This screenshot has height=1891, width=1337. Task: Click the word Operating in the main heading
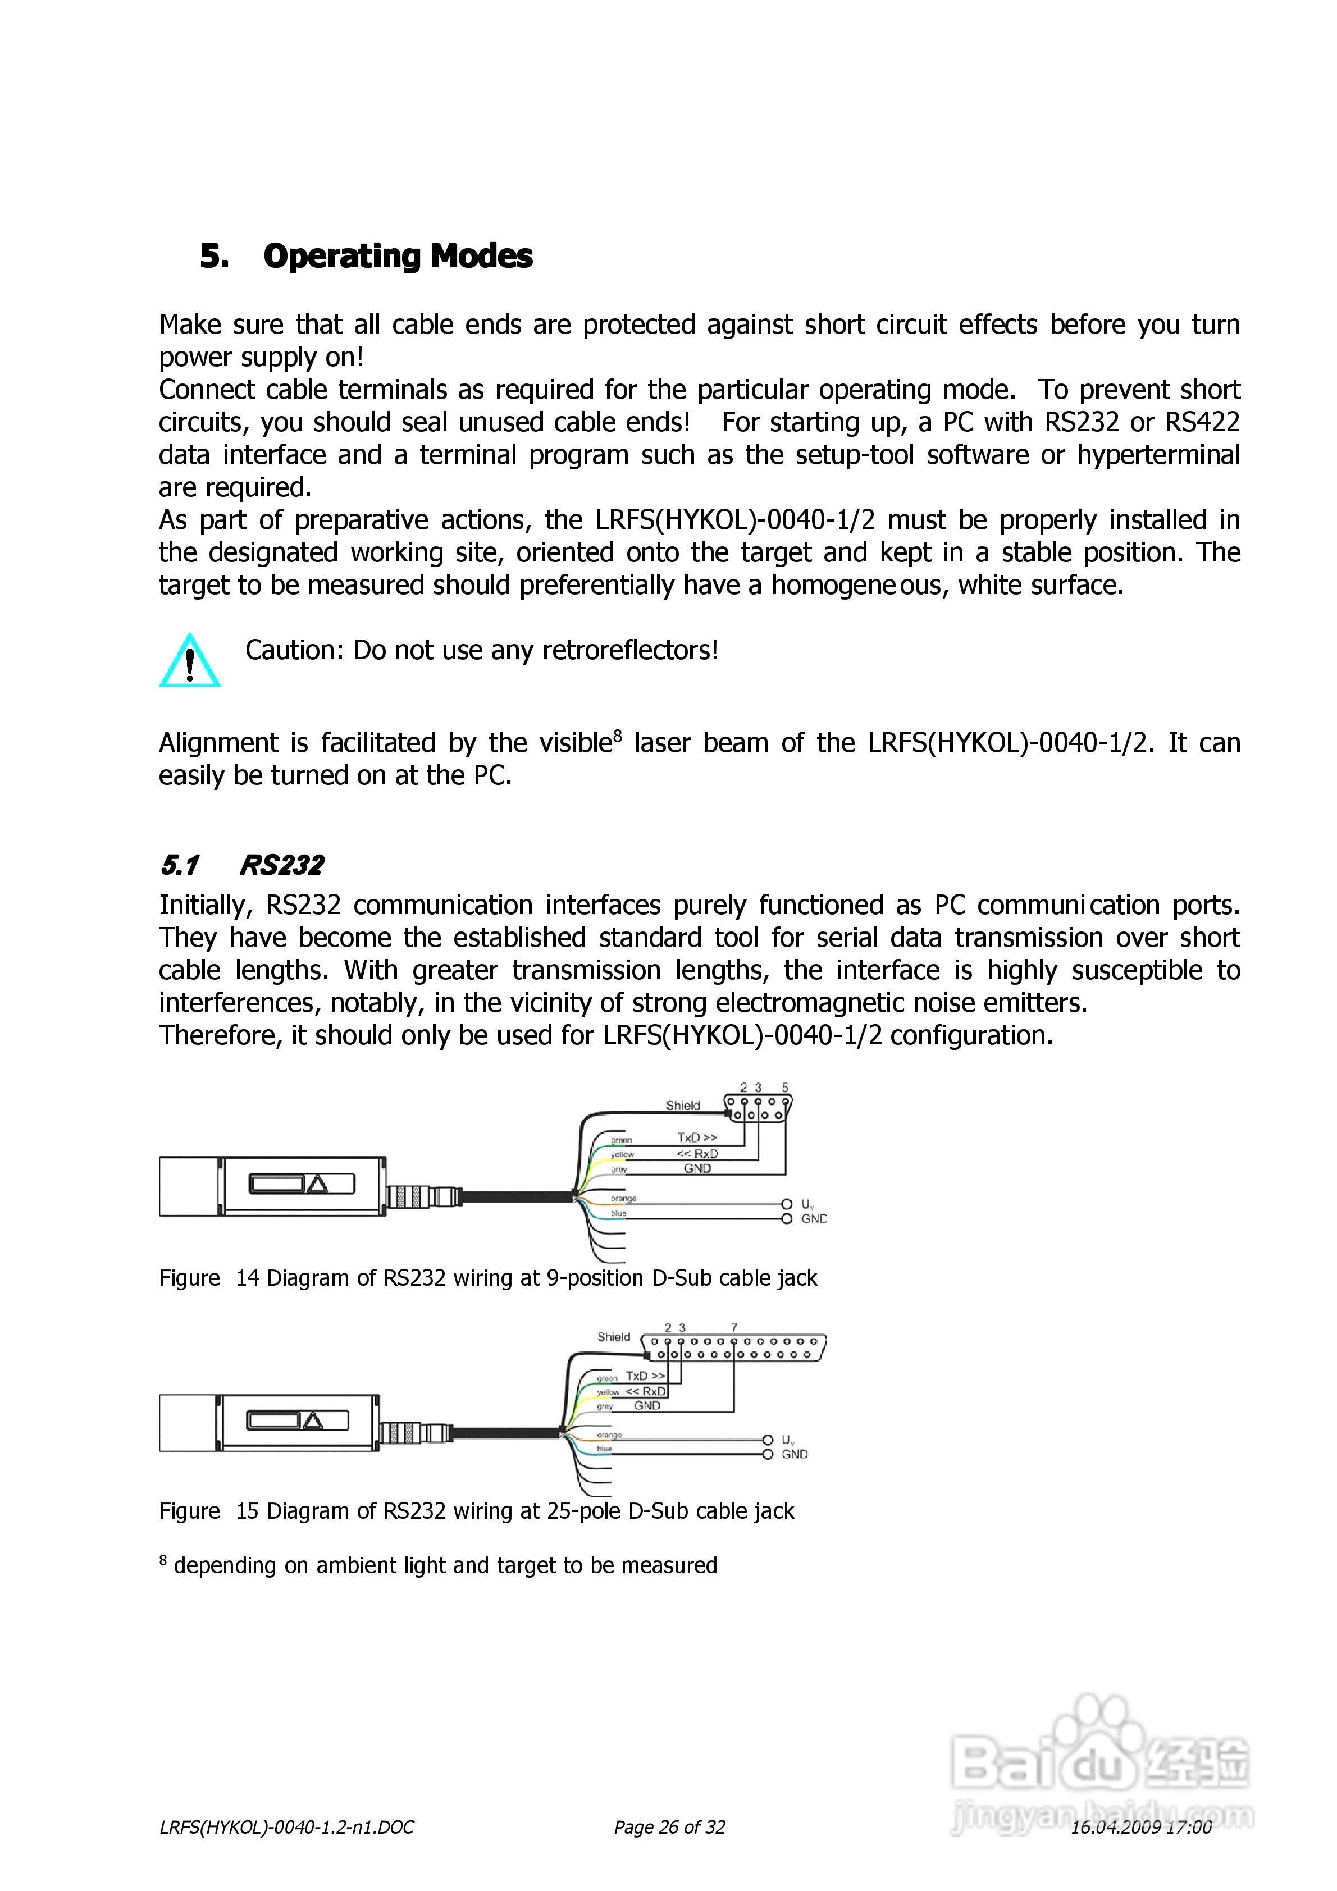(x=342, y=256)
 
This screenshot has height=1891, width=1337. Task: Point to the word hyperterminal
(x=1157, y=455)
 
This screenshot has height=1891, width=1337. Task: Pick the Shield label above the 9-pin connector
(x=682, y=1106)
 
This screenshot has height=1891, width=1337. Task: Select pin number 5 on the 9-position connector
(x=785, y=1087)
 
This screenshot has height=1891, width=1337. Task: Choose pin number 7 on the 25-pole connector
(x=734, y=1327)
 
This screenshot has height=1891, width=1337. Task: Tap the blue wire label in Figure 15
(x=605, y=1448)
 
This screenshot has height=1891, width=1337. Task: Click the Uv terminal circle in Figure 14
(x=787, y=1204)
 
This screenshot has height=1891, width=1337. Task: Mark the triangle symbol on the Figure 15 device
(x=313, y=1420)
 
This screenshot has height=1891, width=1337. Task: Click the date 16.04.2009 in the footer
(x=1115, y=1827)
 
